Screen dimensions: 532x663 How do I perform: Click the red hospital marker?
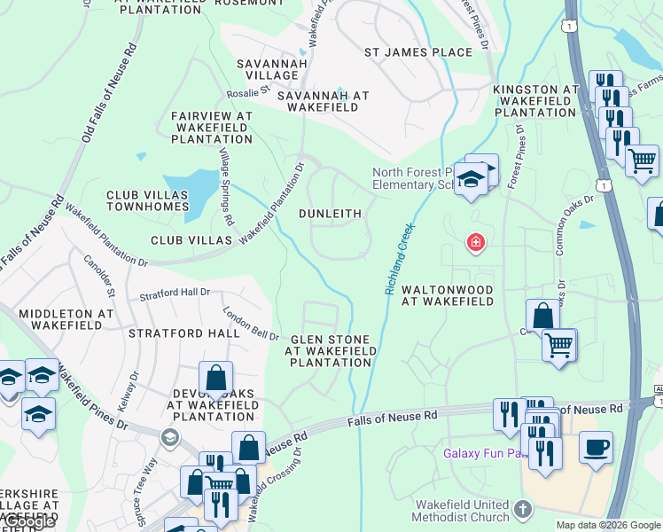click(x=476, y=242)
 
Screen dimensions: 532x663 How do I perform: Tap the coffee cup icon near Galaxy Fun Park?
click(x=596, y=446)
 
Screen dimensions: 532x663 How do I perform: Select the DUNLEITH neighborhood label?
click(x=330, y=214)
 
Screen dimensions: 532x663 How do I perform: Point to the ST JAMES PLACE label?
click(x=418, y=52)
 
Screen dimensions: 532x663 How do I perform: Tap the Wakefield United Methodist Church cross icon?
click(x=523, y=509)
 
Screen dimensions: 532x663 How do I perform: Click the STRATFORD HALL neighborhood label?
click(x=184, y=333)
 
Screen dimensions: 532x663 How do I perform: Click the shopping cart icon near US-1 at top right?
click(x=642, y=160)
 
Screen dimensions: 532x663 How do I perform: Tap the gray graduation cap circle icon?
click(x=168, y=436)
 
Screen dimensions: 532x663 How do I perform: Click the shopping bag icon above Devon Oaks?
click(x=215, y=379)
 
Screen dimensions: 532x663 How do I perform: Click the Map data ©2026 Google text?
click(x=608, y=525)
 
